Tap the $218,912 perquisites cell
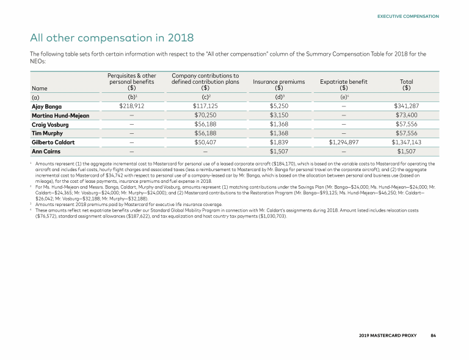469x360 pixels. click(128, 106)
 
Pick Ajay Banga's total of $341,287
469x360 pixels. click(407, 106)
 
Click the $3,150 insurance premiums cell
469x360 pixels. click(278, 114)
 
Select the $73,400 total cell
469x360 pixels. click(407, 114)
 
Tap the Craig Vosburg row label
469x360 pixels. click(51, 123)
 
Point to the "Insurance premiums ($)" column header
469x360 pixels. click(278, 84)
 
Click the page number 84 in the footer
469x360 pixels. click(433, 336)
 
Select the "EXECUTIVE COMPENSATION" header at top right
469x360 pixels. click(408, 16)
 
